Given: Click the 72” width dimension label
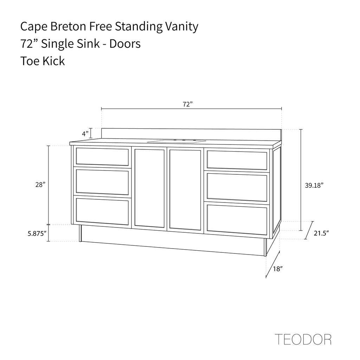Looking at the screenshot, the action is click(x=188, y=104).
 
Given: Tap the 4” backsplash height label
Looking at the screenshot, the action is click(x=85, y=134).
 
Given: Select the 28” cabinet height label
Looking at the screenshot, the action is click(x=40, y=185).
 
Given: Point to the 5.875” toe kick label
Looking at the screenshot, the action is click(x=37, y=234).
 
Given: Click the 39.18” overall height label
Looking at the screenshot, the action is click(x=314, y=185).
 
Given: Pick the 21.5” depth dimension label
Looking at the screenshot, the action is click(x=321, y=233).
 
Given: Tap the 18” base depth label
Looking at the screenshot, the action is click(x=278, y=269).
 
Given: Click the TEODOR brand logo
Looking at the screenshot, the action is click(x=303, y=339).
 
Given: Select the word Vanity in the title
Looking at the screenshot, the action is click(x=182, y=27).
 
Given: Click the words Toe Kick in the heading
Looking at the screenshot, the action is click(x=43, y=61).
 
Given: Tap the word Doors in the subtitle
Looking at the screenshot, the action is click(x=125, y=44).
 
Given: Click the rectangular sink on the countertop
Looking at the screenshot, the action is click(x=176, y=141).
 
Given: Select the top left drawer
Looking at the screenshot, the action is click(x=102, y=157).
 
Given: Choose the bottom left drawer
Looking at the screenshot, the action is click(x=102, y=212).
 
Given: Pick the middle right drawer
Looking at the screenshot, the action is click(x=237, y=187).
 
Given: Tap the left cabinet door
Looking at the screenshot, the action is click(x=149, y=188).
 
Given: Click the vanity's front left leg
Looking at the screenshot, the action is click(x=80, y=233).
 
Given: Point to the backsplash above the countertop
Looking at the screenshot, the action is click(x=191, y=135).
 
